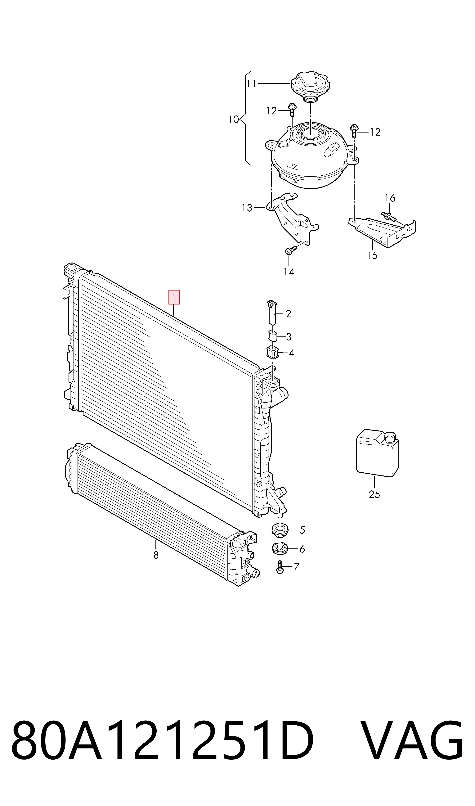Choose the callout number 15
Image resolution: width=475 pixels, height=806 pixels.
pos(372,255)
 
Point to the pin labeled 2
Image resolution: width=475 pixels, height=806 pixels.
pos(271,312)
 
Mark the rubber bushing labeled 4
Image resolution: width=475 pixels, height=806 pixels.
pos(272,352)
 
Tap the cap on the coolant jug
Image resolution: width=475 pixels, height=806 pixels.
pos(391,436)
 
